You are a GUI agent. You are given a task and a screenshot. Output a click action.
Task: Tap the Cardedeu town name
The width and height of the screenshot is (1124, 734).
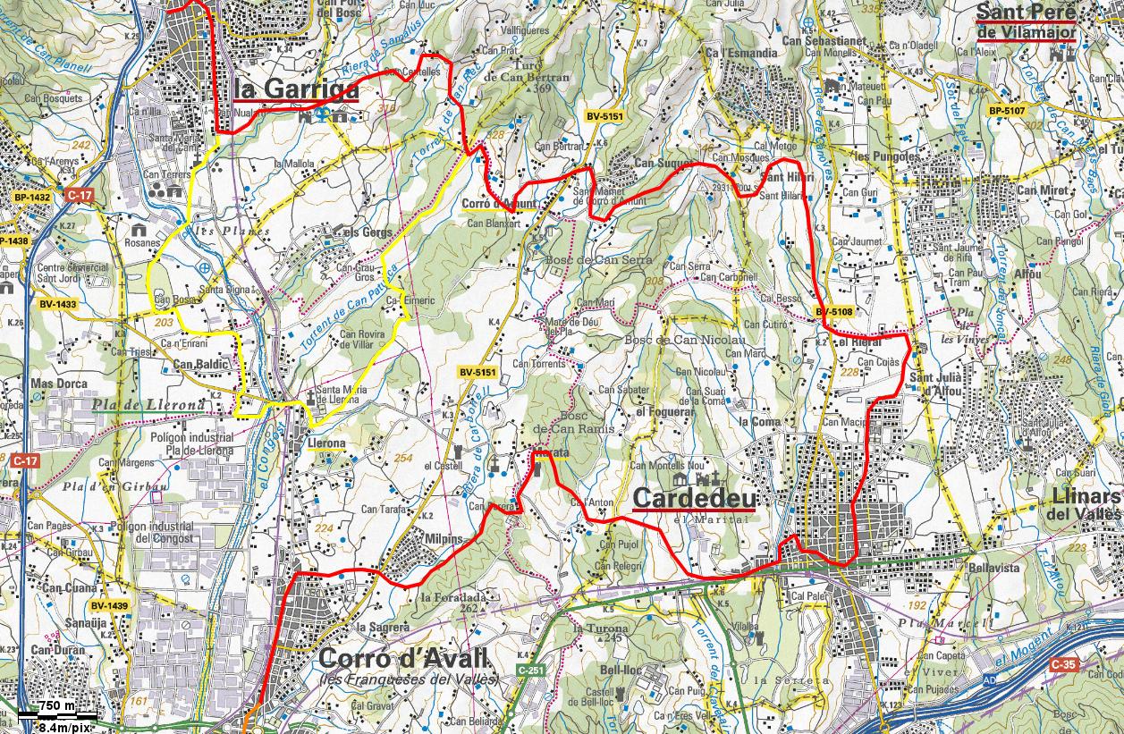coord(693,497)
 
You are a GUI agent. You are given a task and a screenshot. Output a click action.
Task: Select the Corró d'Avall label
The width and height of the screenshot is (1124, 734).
coord(403,660)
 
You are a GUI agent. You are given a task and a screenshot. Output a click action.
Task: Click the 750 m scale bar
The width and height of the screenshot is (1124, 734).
coord(57,712)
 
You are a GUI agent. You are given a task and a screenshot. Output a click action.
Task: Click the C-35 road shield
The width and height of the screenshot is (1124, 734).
coord(1063,664)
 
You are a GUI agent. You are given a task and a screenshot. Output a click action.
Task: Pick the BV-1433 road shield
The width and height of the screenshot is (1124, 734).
coord(57,304)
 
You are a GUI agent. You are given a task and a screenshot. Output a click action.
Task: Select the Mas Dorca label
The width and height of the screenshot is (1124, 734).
coord(56,384)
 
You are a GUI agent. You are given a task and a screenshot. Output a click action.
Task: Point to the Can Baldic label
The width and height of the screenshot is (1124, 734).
coord(196,364)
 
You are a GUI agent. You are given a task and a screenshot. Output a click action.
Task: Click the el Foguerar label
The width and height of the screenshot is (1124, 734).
coord(665,412)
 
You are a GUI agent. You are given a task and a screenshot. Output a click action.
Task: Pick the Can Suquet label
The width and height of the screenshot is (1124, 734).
coord(657,164)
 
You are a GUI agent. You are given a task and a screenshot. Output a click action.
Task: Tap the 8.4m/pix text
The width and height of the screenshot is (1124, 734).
coord(60,726)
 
